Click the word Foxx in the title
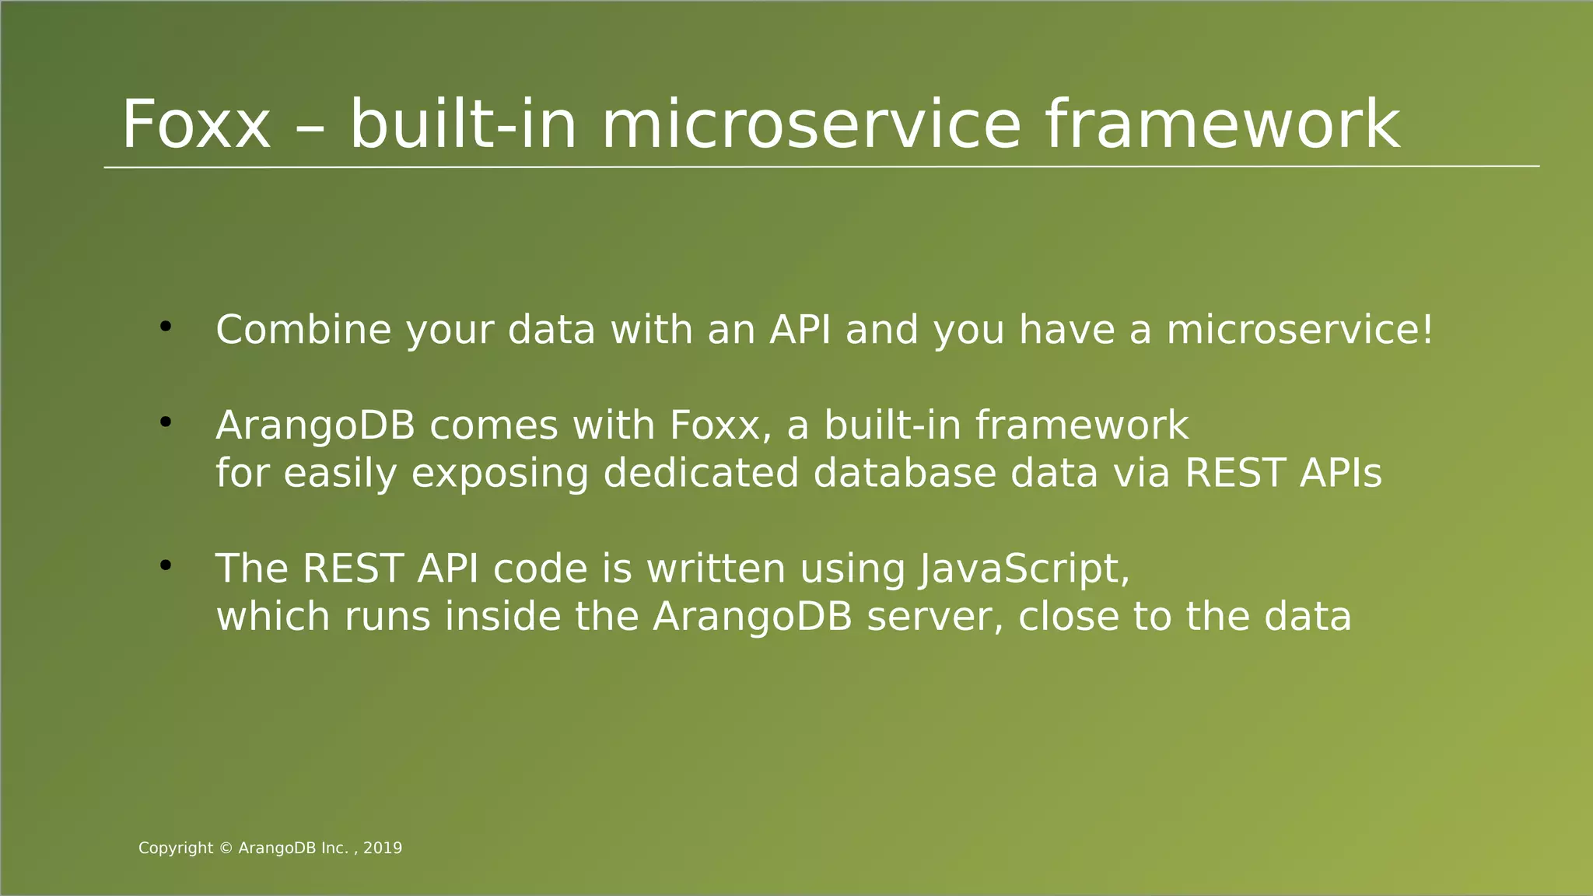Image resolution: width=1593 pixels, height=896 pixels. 196,124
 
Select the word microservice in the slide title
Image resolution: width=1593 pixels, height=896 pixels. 811,124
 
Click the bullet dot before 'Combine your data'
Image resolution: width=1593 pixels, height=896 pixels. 165,327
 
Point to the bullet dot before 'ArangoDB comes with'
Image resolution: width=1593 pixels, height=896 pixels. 165,423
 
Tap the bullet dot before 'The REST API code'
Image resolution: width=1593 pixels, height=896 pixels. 165,566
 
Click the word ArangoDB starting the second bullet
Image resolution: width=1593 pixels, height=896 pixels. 315,425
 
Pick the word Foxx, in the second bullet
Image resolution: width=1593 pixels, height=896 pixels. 720,425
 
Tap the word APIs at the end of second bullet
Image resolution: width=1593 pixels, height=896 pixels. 1340,473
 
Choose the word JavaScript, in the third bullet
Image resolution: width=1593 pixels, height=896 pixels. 1024,569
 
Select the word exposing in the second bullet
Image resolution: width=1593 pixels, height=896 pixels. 499,473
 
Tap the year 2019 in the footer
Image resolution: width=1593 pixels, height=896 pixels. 383,849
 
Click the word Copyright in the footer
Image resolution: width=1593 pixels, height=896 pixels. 176,849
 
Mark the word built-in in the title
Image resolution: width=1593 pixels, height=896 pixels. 464,124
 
